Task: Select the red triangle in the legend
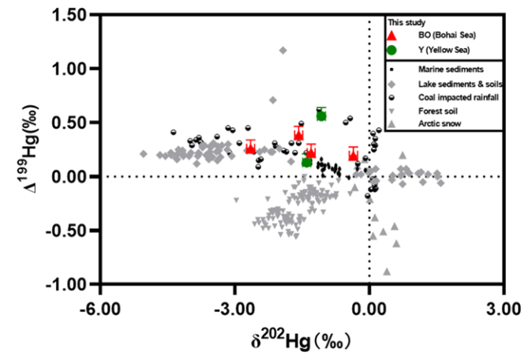click(392, 36)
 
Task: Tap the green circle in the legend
click(392, 50)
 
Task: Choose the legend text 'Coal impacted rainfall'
click(459, 97)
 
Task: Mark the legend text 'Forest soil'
click(440, 111)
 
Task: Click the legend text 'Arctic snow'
click(440, 125)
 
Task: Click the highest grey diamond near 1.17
click(283, 51)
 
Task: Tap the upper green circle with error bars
click(321, 115)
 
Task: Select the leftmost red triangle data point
click(250, 147)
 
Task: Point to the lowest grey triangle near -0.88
click(387, 272)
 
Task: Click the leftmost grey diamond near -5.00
click(144, 154)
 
